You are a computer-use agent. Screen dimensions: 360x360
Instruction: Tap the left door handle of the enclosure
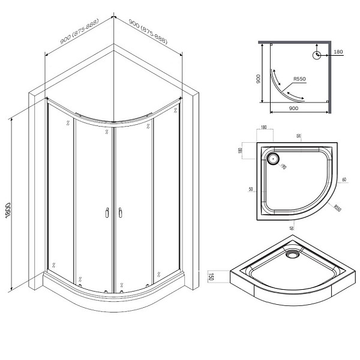coord(106,212)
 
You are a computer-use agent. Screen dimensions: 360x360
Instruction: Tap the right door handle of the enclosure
coord(121,212)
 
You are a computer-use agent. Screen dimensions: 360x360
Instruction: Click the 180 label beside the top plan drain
coord(338,52)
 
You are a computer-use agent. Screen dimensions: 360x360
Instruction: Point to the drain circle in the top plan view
coord(316,56)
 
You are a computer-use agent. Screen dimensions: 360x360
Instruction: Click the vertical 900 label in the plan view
coord(258,79)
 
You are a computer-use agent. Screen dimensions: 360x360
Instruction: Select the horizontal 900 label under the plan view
coord(294,108)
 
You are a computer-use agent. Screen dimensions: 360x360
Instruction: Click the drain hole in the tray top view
coord(273,160)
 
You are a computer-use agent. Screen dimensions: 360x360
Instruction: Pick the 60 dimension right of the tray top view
coord(345,179)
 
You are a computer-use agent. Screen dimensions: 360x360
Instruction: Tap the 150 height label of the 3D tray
coord(211,277)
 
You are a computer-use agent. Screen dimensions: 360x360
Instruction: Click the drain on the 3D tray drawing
coord(292,254)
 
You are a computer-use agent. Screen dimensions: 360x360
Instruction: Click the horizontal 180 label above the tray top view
coord(265,128)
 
